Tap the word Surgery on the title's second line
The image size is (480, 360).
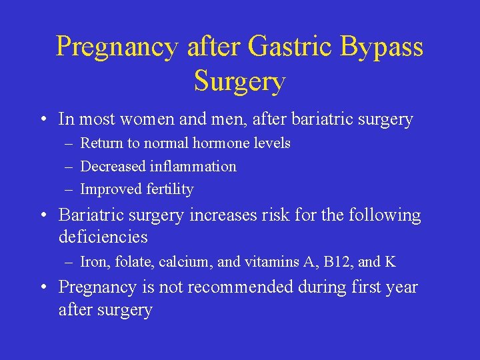pos(240,81)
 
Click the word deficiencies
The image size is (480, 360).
pos(103,237)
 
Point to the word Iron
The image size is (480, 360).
pos(93,262)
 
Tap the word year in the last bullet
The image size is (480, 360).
pos(402,288)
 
